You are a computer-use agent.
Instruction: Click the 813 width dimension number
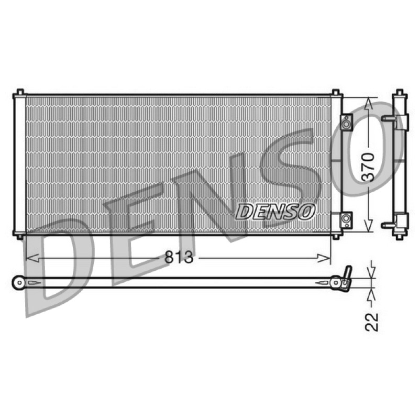pyautogui.click(x=179, y=257)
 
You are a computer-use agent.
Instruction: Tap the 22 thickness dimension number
pyautogui.click(x=372, y=322)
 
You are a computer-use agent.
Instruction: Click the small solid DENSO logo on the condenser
pyautogui.click(x=275, y=212)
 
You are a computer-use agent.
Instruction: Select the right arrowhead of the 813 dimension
pyautogui.click(x=324, y=258)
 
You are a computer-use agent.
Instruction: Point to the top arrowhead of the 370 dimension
pyautogui.click(x=368, y=104)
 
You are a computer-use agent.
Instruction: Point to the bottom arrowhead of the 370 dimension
pyautogui.click(x=369, y=225)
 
